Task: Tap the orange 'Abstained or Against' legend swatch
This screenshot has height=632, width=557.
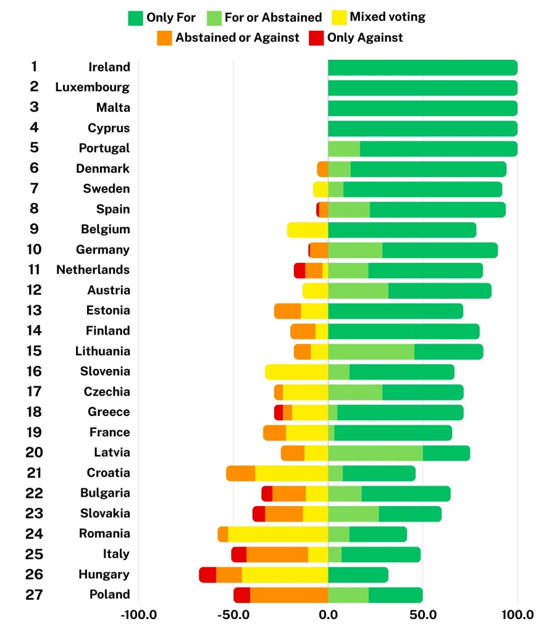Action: tap(164, 38)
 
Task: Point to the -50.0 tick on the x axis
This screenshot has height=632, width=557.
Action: tap(233, 615)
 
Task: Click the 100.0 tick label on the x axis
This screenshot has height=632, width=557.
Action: tap(517, 615)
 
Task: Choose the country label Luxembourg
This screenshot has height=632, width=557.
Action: tap(93, 87)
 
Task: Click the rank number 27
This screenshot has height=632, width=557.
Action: tap(33, 594)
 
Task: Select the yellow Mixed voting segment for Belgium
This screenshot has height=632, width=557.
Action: tap(308, 230)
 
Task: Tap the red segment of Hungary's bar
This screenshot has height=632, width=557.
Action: tap(207, 575)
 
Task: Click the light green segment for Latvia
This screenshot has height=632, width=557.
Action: tap(375, 453)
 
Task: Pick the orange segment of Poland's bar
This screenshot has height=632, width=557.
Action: tap(289, 595)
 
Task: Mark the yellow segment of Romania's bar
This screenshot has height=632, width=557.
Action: tap(278, 534)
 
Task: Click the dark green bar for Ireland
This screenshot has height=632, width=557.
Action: tap(422, 67)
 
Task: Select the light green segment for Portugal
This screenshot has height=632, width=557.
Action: tap(344, 149)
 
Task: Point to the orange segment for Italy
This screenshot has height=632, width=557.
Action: tap(277, 554)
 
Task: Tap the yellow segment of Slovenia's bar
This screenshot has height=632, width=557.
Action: tap(296, 372)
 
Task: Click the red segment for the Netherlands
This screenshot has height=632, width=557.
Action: tap(299, 270)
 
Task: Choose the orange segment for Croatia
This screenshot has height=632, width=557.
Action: tap(241, 473)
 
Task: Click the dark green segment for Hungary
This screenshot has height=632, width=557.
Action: tap(358, 575)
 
